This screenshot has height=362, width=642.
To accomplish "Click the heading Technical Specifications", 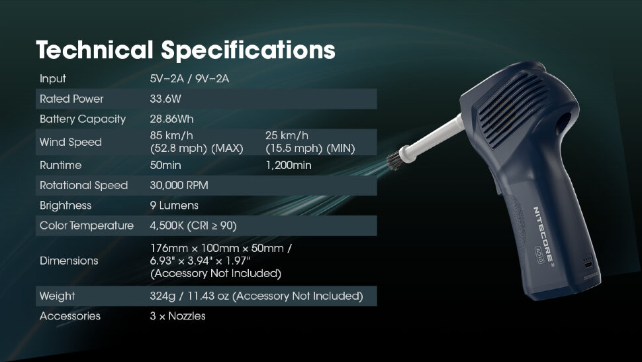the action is [x=185, y=50].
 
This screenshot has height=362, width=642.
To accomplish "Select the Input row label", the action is [x=53, y=79].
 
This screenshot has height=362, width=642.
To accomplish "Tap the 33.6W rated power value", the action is [x=165, y=99].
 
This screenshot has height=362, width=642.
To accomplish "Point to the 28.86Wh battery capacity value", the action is [x=171, y=119].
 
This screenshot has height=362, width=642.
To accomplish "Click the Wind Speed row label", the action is [x=70, y=143].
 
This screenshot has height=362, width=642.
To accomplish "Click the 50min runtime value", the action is [x=165, y=165].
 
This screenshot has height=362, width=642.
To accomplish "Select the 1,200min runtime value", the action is [x=289, y=165].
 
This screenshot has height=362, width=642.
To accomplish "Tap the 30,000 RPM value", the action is [x=179, y=185].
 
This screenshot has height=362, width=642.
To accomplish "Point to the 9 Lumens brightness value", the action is [x=174, y=206].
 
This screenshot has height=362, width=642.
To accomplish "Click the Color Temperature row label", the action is [x=87, y=225].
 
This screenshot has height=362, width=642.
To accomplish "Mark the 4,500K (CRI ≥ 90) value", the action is [x=193, y=225].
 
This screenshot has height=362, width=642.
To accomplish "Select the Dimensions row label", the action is [x=69, y=261].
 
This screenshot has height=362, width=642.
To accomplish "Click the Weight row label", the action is [x=58, y=296].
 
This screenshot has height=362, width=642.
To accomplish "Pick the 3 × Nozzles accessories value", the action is [x=177, y=316].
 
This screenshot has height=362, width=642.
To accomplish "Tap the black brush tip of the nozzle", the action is [x=396, y=160].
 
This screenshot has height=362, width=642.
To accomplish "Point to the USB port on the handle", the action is [x=588, y=265].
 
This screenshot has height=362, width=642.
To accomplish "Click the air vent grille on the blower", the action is [x=512, y=109].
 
